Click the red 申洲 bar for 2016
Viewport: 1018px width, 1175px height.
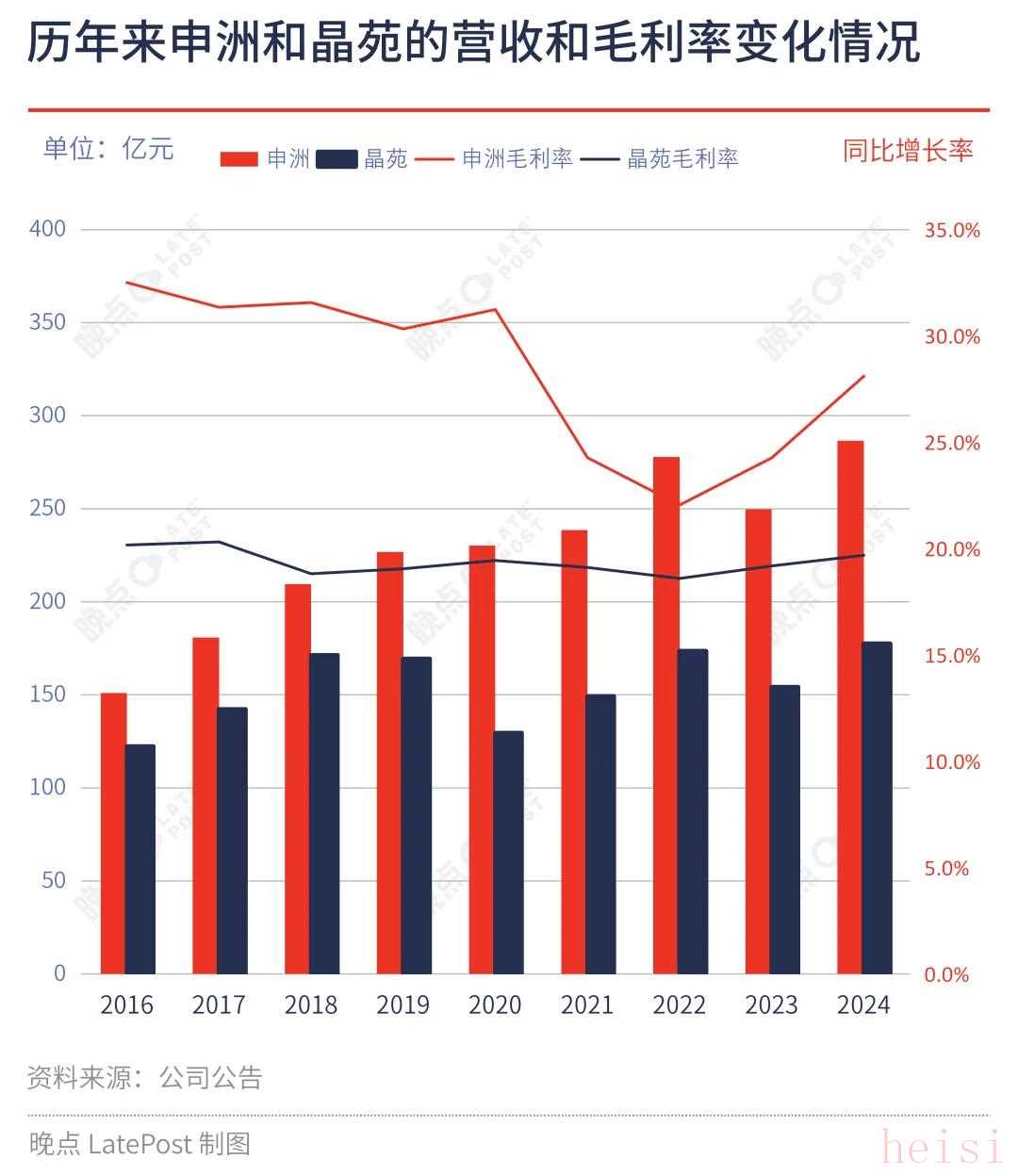113,833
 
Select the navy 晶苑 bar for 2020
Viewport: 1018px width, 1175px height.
509,852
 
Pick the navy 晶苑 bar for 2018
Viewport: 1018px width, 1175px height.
325,813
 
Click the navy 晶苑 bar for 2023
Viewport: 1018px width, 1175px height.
785,829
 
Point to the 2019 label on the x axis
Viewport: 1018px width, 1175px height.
402,1005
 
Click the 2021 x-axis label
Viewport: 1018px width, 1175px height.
586,1005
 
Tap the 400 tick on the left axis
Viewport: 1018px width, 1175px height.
47,229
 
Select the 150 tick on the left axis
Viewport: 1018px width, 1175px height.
47,694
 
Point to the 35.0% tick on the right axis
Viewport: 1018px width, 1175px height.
952,230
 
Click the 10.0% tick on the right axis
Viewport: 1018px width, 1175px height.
952,762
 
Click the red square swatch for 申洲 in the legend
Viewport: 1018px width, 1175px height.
239,158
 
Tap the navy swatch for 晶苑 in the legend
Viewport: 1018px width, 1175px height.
337,158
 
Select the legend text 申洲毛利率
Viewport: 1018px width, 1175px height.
517,158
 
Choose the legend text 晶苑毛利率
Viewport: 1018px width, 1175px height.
682,158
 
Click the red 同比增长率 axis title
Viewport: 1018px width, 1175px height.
907,151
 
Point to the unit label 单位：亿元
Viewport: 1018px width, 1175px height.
108,148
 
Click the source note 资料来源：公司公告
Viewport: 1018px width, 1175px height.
144,1077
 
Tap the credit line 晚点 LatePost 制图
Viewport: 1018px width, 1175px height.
140,1143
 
